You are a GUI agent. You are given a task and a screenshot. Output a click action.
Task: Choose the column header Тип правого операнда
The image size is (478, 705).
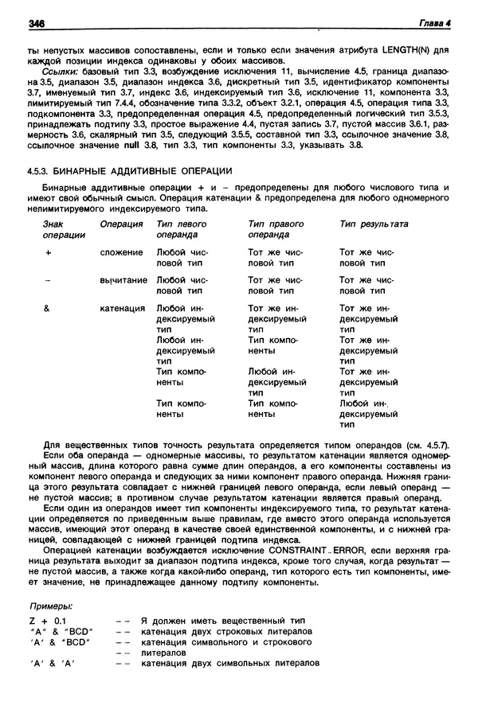point(276,230)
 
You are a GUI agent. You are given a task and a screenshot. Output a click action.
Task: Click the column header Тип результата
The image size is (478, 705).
point(374,224)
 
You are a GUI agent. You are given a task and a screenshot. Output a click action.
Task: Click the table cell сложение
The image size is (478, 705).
point(121,252)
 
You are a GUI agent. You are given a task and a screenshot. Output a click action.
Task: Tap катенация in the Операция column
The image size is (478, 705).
point(123,308)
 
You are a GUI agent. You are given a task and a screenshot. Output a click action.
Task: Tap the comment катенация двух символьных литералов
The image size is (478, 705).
point(230,663)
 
